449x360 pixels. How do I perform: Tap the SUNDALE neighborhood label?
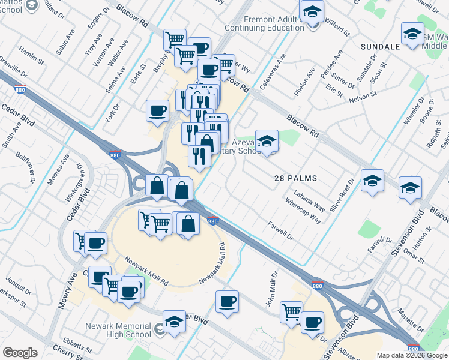(381, 46)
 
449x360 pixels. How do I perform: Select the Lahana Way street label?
(310, 201)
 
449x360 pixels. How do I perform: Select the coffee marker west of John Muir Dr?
(227, 301)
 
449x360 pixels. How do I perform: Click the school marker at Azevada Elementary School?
(267, 141)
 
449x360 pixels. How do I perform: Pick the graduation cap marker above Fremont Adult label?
(312, 11)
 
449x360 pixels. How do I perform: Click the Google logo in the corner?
(20, 353)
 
